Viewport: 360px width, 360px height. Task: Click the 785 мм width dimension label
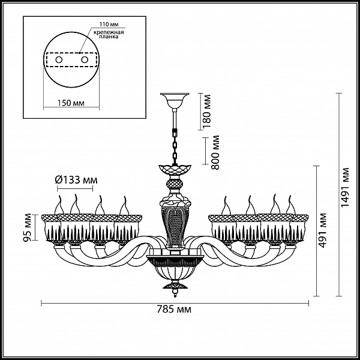(x=174, y=310)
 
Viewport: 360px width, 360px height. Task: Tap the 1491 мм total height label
(x=345, y=187)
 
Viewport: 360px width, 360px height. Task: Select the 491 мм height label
(x=323, y=230)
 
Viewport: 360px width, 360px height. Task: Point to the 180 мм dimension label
(x=206, y=111)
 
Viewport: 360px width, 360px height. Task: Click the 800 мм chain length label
(x=215, y=152)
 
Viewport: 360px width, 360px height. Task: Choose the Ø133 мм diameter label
(x=76, y=180)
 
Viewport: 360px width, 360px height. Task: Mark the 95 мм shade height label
(x=27, y=227)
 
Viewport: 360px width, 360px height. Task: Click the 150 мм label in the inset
(x=71, y=103)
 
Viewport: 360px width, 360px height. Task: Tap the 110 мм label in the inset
(x=109, y=25)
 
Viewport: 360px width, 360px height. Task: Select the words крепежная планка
(x=109, y=34)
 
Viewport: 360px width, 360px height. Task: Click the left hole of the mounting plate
(x=59, y=59)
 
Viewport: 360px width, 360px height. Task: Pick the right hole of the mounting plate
(x=85, y=59)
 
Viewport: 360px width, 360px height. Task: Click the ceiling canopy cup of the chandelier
(x=175, y=101)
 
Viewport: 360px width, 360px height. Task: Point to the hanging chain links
(x=175, y=149)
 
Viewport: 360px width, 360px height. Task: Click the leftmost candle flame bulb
(x=59, y=205)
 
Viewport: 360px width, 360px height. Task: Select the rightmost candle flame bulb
(x=290, y=205)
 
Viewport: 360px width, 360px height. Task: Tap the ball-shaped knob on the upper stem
(x=175, y=184)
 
